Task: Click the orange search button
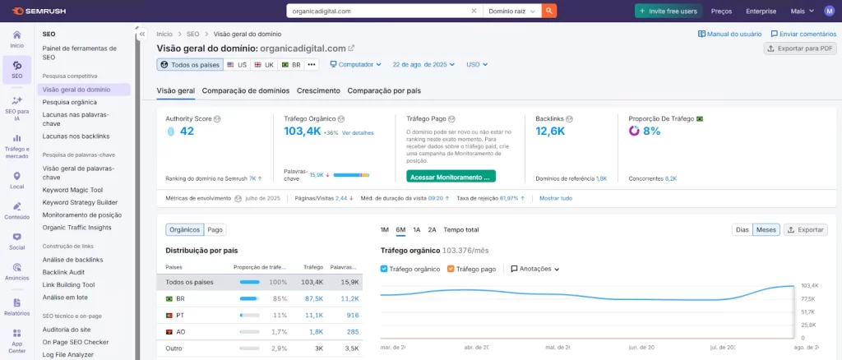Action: (549, 12)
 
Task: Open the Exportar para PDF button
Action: (800, 48)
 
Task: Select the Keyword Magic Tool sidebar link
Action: (72, 189)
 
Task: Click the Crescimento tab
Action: (318, 90)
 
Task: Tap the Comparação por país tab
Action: (384, 90)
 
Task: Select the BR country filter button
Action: (291, 64)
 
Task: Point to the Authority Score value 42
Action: (187, 132)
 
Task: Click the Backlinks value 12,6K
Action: (552, 132)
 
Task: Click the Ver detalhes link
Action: (358, 133)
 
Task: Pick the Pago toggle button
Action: (215, 230)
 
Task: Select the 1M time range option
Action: (385, 230)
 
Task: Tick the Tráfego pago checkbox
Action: (451, 269)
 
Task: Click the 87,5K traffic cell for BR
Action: (312, 298)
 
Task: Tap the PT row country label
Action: (180, 315)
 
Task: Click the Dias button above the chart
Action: (743, 230)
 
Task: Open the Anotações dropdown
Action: (535, 269)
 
